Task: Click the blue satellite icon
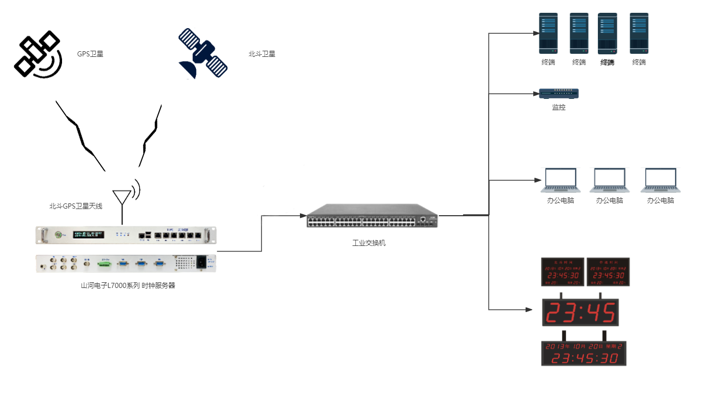click(x=203, y=54)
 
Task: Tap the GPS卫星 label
click(x=90, y=54)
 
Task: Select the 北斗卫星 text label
click(x=262, y=54)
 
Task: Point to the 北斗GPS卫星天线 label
click(x=76, y=206)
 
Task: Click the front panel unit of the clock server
click(x=126, y=235)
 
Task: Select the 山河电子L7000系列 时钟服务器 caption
click(x=128, y=286)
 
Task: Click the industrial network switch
click(x=372, y=216)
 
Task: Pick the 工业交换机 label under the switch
click(x=369, y=243)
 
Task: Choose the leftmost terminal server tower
click(x=548, y=33)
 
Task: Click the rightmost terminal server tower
click(x=638, y=33)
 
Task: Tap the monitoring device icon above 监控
click(x=558, y=93)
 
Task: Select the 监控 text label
click(x=558, y=108)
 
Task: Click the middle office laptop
click(x=609, y=180)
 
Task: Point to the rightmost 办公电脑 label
click(x=660, y=201)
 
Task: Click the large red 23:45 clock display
click(x=580, y=312)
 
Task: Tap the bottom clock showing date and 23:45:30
click(x=584, y=353)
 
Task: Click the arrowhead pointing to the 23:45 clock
click(x=531, y=309)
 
